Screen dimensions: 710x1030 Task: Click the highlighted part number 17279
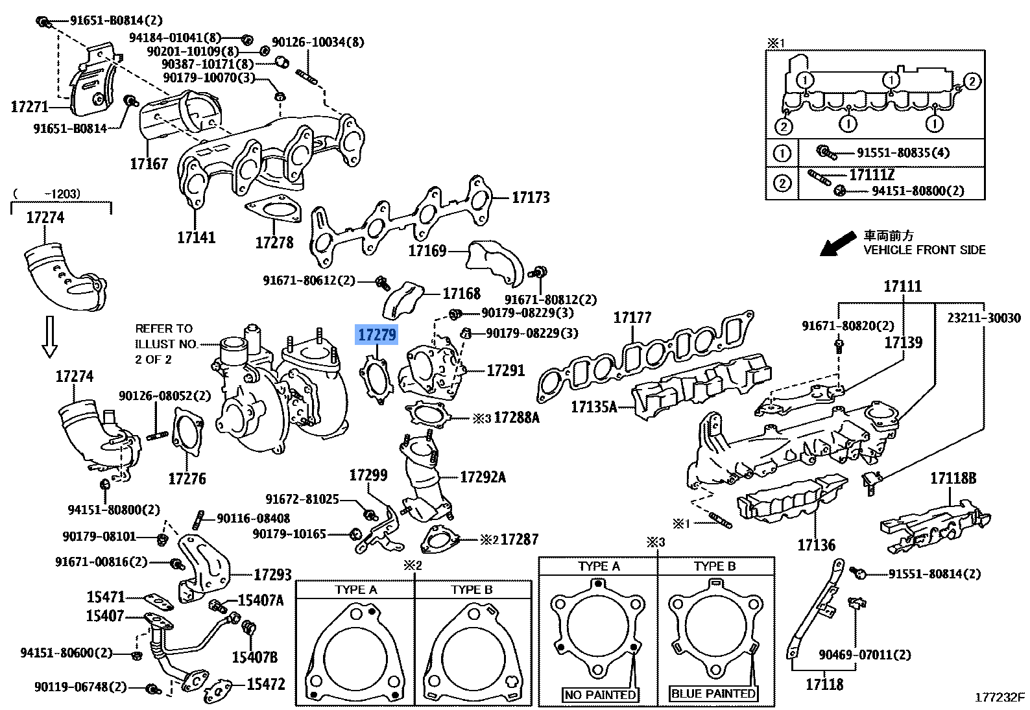pos(377,335)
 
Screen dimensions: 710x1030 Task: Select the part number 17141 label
pos(196,237)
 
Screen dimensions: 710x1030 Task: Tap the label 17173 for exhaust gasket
pos(531,197)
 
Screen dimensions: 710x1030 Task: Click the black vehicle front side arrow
pos(837,245)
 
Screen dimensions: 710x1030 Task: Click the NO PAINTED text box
pos(599,694)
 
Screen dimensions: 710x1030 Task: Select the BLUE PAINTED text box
pos(713,694)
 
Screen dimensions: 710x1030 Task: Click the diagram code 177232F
pos(999,698)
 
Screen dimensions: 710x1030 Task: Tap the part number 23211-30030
pos(983,318)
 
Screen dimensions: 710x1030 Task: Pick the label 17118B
pos(953,479)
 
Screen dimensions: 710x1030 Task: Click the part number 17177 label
pos(632,318)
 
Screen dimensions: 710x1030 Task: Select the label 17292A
pos(483,477)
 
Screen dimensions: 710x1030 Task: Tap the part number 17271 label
pos(30,106)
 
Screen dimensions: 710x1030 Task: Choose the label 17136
pos(816,545)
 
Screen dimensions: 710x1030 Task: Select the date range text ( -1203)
pos(45,193)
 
